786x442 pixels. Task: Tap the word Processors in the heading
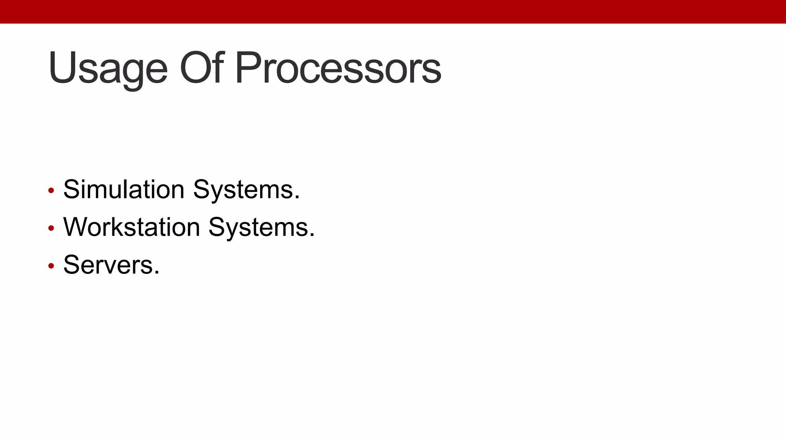click(338, 68)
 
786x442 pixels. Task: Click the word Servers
click(108, 265)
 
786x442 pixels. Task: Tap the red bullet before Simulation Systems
click(51, 191)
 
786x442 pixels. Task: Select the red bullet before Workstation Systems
click(51, 228)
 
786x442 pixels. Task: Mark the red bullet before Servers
click(51, 266)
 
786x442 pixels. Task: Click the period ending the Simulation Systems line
click(297, 197)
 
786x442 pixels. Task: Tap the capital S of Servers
click(71, 265)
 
